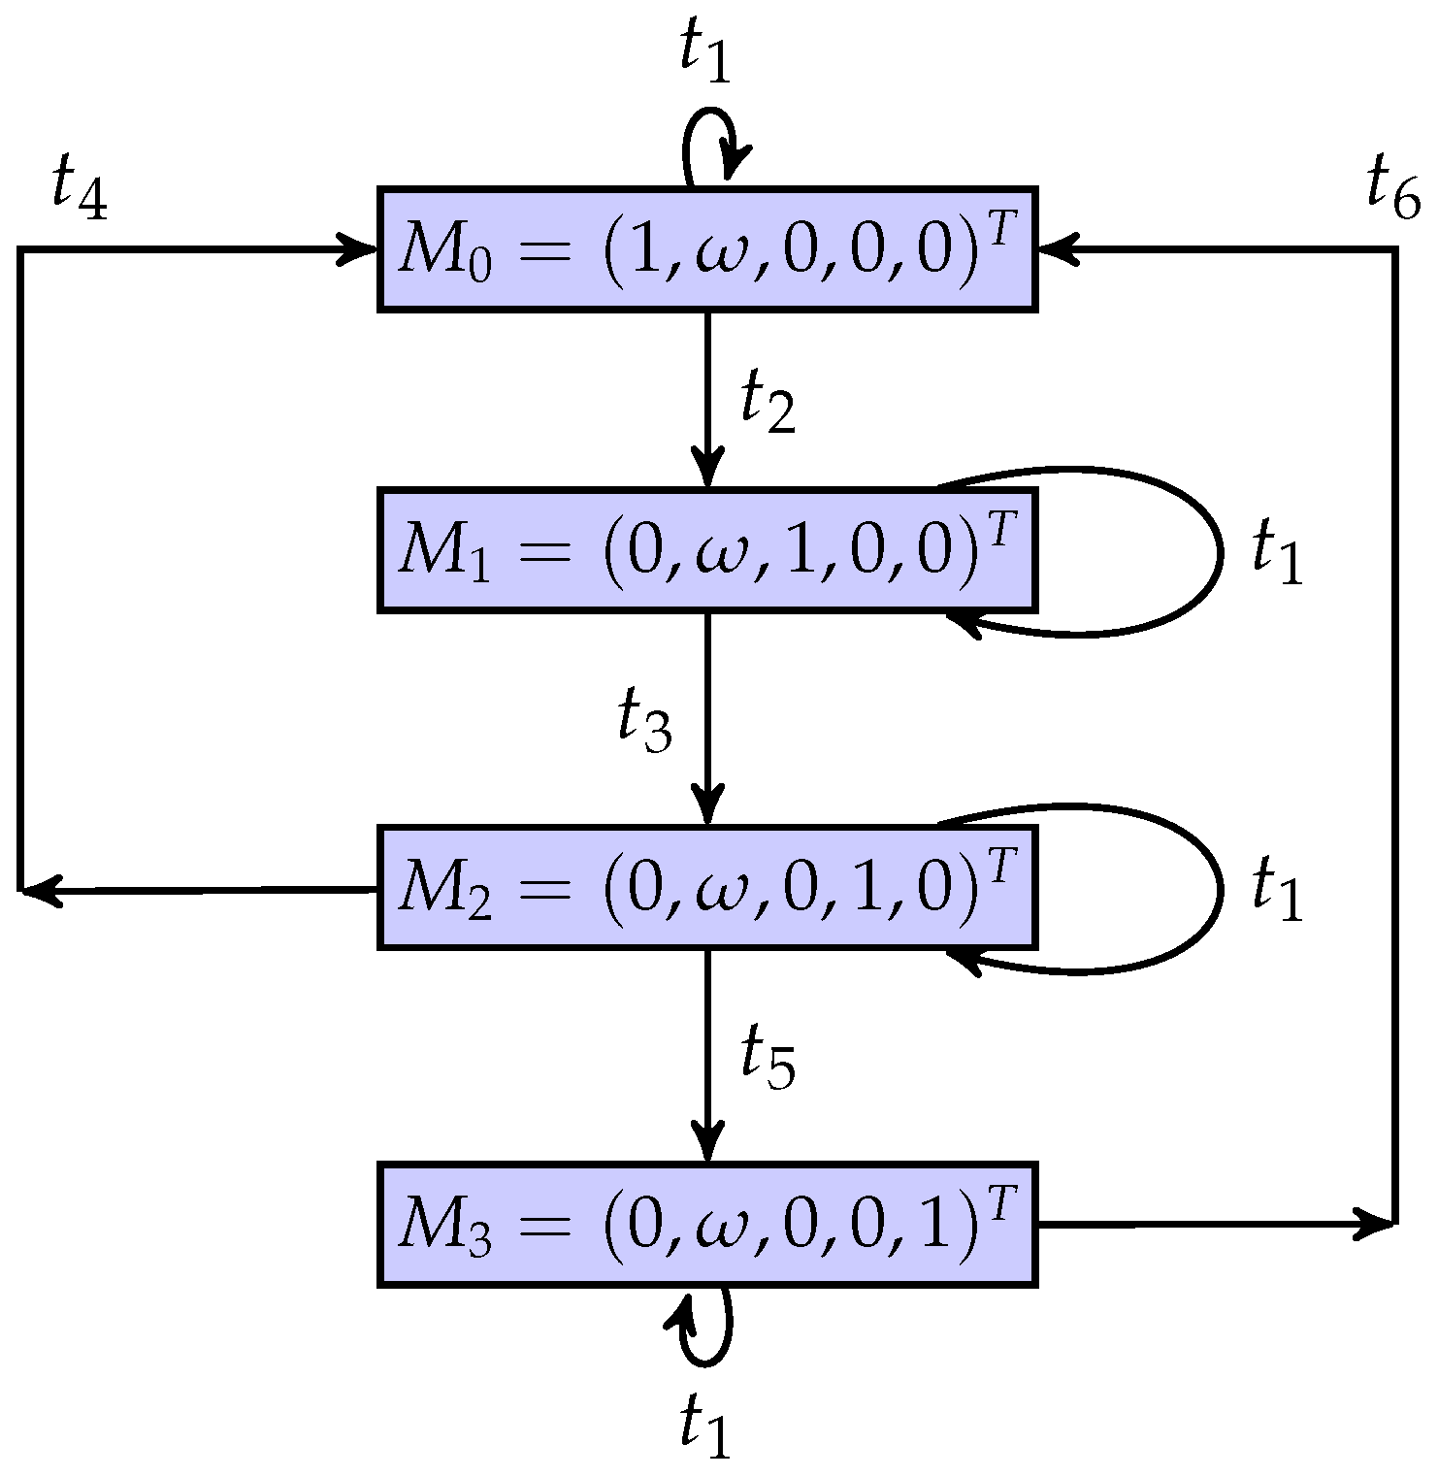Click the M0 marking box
pyautogui.click(x=707, y=249)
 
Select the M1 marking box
pyautogui.click(x=707, y=549)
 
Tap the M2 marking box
pyautogui.click(x=707, y=886)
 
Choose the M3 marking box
pyautogui.click(x=707, y=1224)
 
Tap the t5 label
pyautogui.click(x=768, y=1059)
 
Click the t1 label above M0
pyautogui.click(x=705, y=53)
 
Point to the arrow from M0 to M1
pyautogui.click(x=707, y=398)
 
